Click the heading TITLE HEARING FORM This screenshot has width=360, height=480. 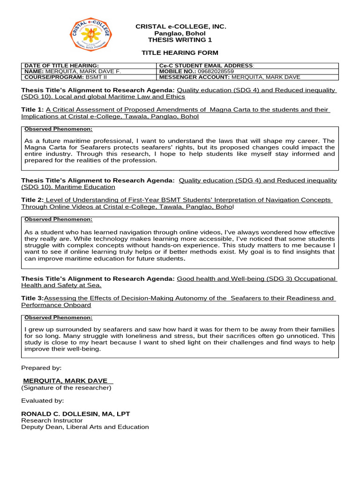(x=180, y=53)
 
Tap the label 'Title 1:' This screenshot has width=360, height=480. (x=32, y=110)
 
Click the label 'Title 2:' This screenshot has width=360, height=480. (x=32, y=200)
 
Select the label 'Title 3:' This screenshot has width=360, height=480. (x=32, y=298)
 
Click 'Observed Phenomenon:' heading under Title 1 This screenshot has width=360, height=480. (x=58, y=129)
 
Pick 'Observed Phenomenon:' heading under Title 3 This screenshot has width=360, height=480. (x=58, y=317)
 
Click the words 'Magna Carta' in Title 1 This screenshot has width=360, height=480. (x=228, y=110)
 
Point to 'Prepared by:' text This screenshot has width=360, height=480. (x=41, y=368)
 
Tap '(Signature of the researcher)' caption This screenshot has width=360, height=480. (x=66, y=388)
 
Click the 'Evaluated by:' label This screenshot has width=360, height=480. (x=43, y=401)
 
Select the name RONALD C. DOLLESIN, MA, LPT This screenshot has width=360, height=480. (x=75, y=414)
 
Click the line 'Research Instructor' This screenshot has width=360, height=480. (x=52, y=420)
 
